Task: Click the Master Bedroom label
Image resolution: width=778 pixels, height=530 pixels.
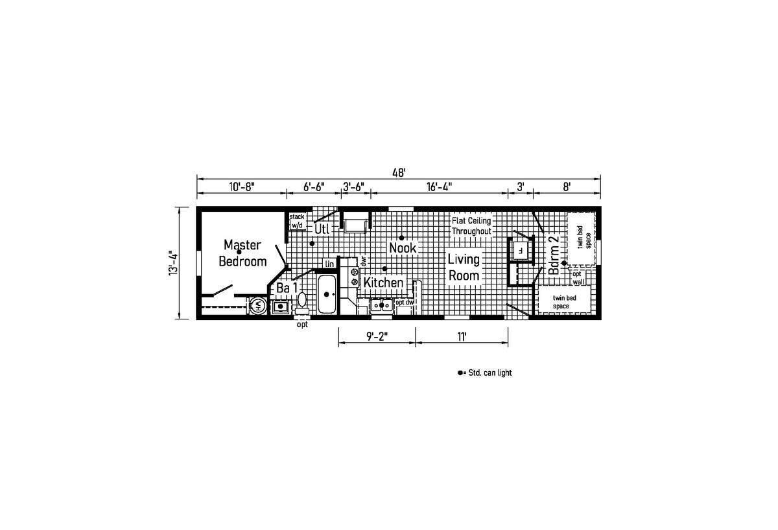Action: point(242,253)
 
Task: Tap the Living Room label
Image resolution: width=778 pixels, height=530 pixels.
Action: point(464,267)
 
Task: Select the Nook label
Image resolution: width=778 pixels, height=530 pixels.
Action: point(403,248)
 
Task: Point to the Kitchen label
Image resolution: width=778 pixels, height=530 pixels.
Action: point(383,282)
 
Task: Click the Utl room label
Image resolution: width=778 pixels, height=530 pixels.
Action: point(322,229)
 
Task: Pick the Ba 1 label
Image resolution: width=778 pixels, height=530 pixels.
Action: point(287,288)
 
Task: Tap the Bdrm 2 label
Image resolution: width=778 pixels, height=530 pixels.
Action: point(554,255)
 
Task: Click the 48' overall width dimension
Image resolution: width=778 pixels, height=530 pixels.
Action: point(399,172)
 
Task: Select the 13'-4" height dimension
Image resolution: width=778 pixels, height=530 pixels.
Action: point(173,263)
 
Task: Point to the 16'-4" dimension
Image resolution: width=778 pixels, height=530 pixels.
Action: point(439,187)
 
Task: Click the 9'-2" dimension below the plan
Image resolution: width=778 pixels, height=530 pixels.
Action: point(377,337)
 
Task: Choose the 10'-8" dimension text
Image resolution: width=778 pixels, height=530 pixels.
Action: point(242,187)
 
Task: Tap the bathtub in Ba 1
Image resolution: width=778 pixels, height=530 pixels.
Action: point(327,294)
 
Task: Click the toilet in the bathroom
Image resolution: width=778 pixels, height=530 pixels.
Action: point(302,303)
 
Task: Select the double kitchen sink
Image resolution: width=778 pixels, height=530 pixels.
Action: point(381,305)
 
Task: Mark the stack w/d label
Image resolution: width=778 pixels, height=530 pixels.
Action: point(297,221)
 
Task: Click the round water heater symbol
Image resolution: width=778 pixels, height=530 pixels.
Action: point(259,306)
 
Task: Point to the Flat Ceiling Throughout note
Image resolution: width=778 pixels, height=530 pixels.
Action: point(471,225)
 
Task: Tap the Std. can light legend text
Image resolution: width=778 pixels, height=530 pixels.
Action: point(490,373)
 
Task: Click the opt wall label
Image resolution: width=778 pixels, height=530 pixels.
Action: point(578,278)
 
